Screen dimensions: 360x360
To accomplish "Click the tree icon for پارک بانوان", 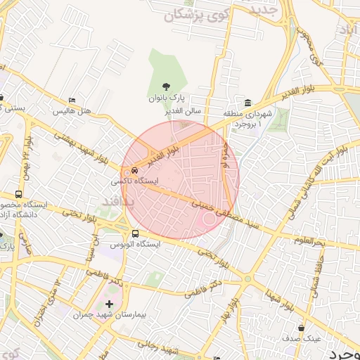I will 165,87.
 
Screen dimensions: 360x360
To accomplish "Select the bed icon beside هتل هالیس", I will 72,101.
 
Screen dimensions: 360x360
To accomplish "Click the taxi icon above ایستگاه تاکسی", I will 134,169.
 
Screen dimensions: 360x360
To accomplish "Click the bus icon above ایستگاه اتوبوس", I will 134,233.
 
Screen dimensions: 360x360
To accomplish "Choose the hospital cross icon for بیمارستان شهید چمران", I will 108,304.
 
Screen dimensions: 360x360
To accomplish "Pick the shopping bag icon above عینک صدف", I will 302,327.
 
